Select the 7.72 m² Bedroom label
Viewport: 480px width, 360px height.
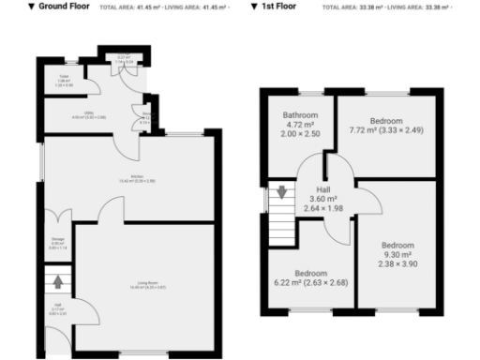click(x=387, y=122)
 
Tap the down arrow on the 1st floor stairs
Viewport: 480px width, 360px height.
click(x=279, y=194)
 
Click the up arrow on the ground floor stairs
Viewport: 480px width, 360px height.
click(x=58, y=279)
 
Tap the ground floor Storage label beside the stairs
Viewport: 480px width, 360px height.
click(x=57, y=243)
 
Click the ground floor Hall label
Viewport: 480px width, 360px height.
click(x=57, y=308)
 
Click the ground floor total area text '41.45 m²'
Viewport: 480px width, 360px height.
click(x=139, y=7)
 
